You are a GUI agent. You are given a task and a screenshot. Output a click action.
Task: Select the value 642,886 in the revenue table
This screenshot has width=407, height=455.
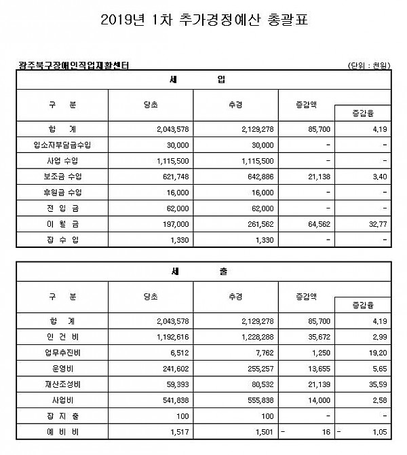(x=258, y=177)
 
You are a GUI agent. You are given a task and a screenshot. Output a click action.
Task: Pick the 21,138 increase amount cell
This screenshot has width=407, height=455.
(x=315, y=177)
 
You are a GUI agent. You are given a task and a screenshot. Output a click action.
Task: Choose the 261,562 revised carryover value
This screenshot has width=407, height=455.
(x=258, y=223)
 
